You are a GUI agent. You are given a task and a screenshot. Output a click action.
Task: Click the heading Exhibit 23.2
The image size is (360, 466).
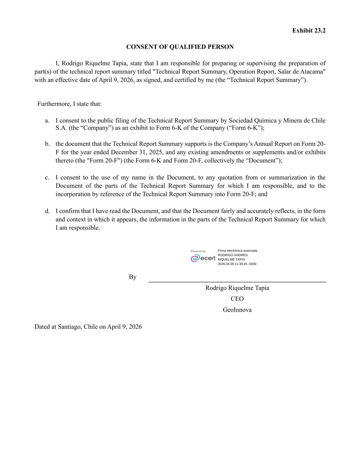(308, 31)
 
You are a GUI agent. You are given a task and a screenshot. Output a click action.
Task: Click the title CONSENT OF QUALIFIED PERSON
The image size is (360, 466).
(180, 47)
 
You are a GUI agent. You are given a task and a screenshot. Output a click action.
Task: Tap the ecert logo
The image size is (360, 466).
(203, 258)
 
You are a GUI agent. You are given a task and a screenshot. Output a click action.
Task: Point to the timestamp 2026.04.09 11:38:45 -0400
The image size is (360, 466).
(237, 264)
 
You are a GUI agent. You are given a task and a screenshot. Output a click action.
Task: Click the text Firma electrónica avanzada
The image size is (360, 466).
(237, 251)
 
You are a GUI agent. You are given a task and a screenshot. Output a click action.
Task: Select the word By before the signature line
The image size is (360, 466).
(132, 277)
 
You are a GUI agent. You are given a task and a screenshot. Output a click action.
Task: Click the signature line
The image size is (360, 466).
(237, 282)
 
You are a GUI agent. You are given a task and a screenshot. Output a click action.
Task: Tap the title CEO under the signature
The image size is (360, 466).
(237, 299)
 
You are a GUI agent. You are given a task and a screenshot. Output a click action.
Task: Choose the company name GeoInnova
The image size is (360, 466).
(237, 310)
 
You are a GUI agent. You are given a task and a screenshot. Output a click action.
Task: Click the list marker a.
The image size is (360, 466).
(47, 121)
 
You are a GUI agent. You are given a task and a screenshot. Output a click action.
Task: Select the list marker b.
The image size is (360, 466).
(47, 144)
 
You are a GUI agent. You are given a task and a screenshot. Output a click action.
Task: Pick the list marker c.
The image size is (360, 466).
(47, 178)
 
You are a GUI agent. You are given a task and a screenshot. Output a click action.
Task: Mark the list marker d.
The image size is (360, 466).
(47, 211)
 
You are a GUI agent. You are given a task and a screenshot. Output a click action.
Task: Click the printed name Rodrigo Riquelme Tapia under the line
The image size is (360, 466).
(237, 288)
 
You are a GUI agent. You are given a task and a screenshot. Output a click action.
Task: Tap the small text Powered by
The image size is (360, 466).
(198, 251)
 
